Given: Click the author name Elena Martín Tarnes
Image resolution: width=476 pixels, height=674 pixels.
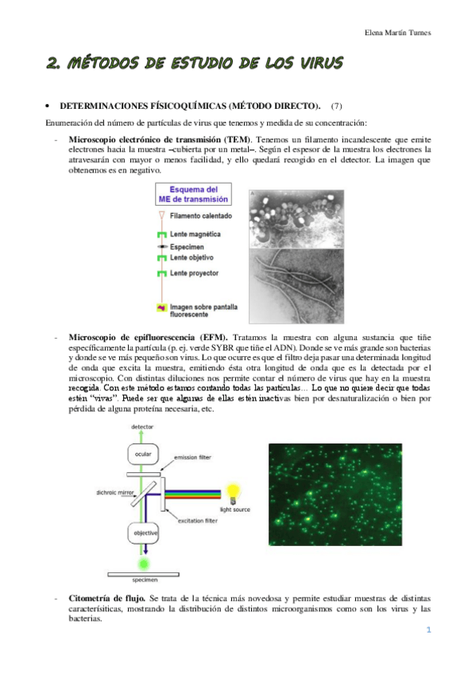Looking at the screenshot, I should point(403,33).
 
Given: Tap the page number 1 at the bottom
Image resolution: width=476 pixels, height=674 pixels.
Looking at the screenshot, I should point(428,630).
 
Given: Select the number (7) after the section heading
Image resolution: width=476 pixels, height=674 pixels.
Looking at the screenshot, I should point(337,106).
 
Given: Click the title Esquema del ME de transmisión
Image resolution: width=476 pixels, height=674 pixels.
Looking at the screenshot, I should point(200,195).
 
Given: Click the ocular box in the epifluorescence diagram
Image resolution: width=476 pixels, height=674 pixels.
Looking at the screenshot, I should point(143,455).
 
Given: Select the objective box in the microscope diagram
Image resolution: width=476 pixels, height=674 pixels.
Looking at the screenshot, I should point(143,532).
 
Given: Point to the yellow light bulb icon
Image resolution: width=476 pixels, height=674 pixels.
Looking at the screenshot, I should point(233,492).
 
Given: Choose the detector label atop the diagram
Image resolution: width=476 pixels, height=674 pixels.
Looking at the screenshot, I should point(143,427).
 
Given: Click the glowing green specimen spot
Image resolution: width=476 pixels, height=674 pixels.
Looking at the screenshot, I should point(143,564).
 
